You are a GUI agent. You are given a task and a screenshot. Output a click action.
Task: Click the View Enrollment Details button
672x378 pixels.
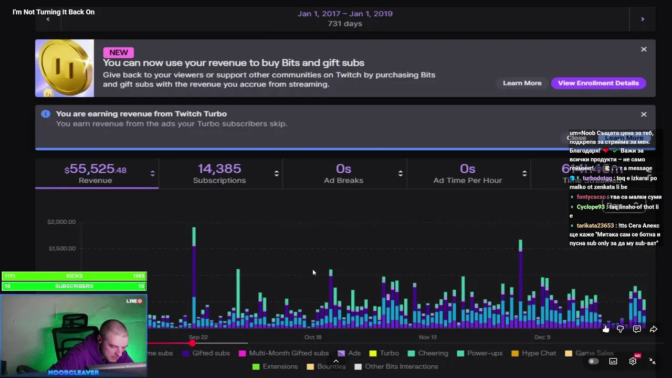[x=598, y=83]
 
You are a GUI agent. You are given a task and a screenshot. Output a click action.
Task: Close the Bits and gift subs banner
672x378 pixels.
[x=644, y=49]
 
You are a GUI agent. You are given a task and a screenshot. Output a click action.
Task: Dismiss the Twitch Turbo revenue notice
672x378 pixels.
[x=644, y=114]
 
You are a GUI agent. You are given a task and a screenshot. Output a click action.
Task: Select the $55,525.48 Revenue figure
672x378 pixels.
[x=96, y=169]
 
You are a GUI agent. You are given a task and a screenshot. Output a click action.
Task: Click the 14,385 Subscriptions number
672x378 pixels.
[x=219, y=169]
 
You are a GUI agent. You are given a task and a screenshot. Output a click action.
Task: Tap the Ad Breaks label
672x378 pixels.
[x=343, y=181]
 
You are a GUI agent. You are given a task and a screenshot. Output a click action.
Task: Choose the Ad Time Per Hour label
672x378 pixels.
[x=467, y=181]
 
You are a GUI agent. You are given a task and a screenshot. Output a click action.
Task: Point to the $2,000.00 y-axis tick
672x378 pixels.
[x=61, y=222]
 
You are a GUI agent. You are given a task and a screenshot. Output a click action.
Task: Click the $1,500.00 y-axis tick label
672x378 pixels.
[x=61, y=248]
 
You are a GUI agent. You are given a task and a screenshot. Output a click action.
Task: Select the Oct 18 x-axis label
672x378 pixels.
[x=313, y=337]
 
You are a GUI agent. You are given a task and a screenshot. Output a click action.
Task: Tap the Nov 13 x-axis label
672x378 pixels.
[x=428, y=337]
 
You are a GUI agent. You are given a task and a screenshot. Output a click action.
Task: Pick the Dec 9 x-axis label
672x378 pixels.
[x=542, y=337]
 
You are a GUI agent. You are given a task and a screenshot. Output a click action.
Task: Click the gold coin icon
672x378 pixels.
[x=64, y=68]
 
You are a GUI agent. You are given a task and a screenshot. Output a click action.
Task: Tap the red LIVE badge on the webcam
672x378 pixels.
[x=134, y=301]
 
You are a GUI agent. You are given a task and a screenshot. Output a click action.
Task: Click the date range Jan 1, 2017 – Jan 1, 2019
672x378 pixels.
[x=345, y=14]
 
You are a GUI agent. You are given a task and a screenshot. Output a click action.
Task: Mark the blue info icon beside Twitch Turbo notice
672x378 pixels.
[x=46, y=114]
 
